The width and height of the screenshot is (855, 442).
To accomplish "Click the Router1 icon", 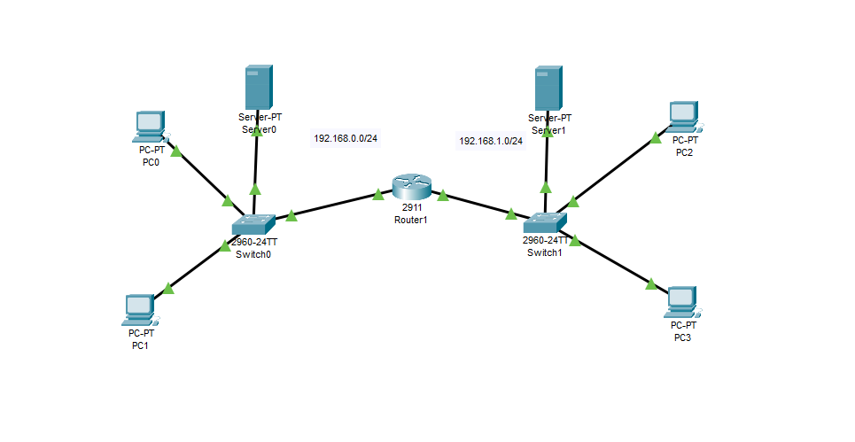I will [411, 187].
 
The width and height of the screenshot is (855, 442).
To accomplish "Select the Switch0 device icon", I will [255, 225].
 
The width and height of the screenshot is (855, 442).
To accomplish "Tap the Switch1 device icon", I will [544, 222].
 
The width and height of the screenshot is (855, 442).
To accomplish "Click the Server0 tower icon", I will [258, 88].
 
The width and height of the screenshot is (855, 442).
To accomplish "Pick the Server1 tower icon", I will [548, 88].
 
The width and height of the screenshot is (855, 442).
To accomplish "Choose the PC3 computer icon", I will [680, 302].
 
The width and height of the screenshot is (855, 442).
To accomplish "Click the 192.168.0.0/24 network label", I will [346, 138].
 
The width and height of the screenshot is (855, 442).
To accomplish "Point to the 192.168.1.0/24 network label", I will [491, 141].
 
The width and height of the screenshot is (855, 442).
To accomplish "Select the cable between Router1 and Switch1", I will [478, 205].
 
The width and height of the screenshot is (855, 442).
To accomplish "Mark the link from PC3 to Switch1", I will [613, 262].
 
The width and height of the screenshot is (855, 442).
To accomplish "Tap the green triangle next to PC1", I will [167, 287].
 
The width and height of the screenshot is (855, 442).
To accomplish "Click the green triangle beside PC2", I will [656, 136].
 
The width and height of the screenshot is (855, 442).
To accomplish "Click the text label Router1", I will [411, 219].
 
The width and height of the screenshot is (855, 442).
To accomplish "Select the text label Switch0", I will [253, 253].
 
